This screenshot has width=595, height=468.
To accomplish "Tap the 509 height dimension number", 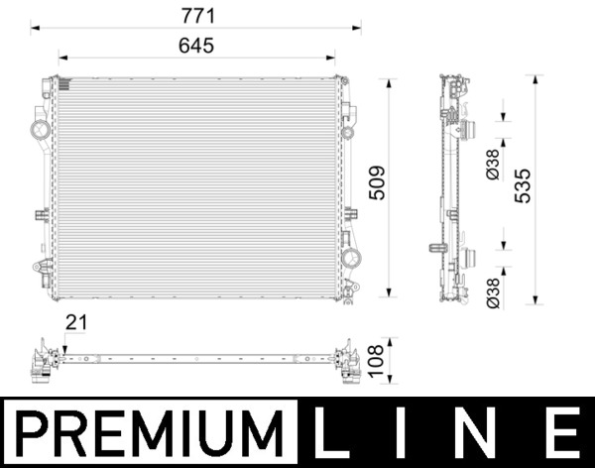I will pyautogui.click(x=376, y=182).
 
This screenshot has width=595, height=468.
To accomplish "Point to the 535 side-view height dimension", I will pyautogui.click(x=523, y=185).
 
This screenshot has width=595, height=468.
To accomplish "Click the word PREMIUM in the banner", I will pyautogui.click(x=149, y=432).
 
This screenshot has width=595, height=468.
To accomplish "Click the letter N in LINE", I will pyautogui.click(x=486, y=432).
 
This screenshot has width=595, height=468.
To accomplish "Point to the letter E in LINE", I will pyautogui.click(x=561, y=432).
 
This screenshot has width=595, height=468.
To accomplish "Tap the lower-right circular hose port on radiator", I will pyautogui.click(x=350, y=259).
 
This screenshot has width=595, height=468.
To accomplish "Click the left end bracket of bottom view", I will pyautogui.click(x=43, y=361).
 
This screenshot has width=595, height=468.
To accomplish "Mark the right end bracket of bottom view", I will pyautogui.click(x=349, y=361).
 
